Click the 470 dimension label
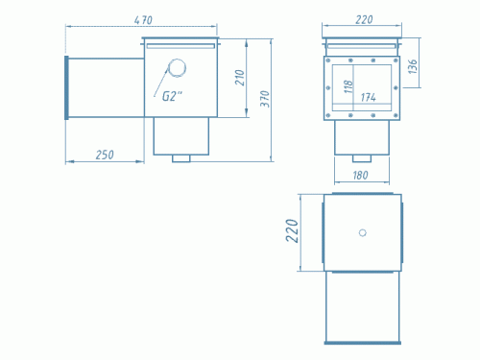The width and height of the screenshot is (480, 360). [143, 20]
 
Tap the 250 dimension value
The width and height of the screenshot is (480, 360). [105, 155]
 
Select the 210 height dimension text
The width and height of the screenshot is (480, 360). [240, 78]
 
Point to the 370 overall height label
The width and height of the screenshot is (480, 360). [265, 99]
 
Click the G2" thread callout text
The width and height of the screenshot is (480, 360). [172, 96]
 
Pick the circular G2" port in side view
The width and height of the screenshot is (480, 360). [177, 68]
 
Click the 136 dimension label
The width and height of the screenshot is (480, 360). [413, 66]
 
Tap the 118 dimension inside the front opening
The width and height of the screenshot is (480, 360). [348, 86]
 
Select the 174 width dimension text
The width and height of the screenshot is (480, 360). [368, 97]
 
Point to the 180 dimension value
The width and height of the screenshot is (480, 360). [360, 175]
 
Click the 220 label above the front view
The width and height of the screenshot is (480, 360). [364, 20]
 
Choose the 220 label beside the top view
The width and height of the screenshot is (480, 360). [292, 230]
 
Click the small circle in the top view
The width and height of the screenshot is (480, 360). [363, 232]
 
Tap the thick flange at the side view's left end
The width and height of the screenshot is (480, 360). [66, 87]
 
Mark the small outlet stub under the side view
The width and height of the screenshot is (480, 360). [181, 158]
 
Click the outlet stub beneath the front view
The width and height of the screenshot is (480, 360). [362, 158]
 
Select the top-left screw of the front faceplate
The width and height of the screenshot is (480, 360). [327, 60]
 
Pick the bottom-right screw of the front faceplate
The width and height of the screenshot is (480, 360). [396, 115]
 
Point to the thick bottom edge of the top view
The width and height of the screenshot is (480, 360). [363, 343]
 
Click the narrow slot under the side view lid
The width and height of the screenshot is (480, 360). [180, 46]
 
